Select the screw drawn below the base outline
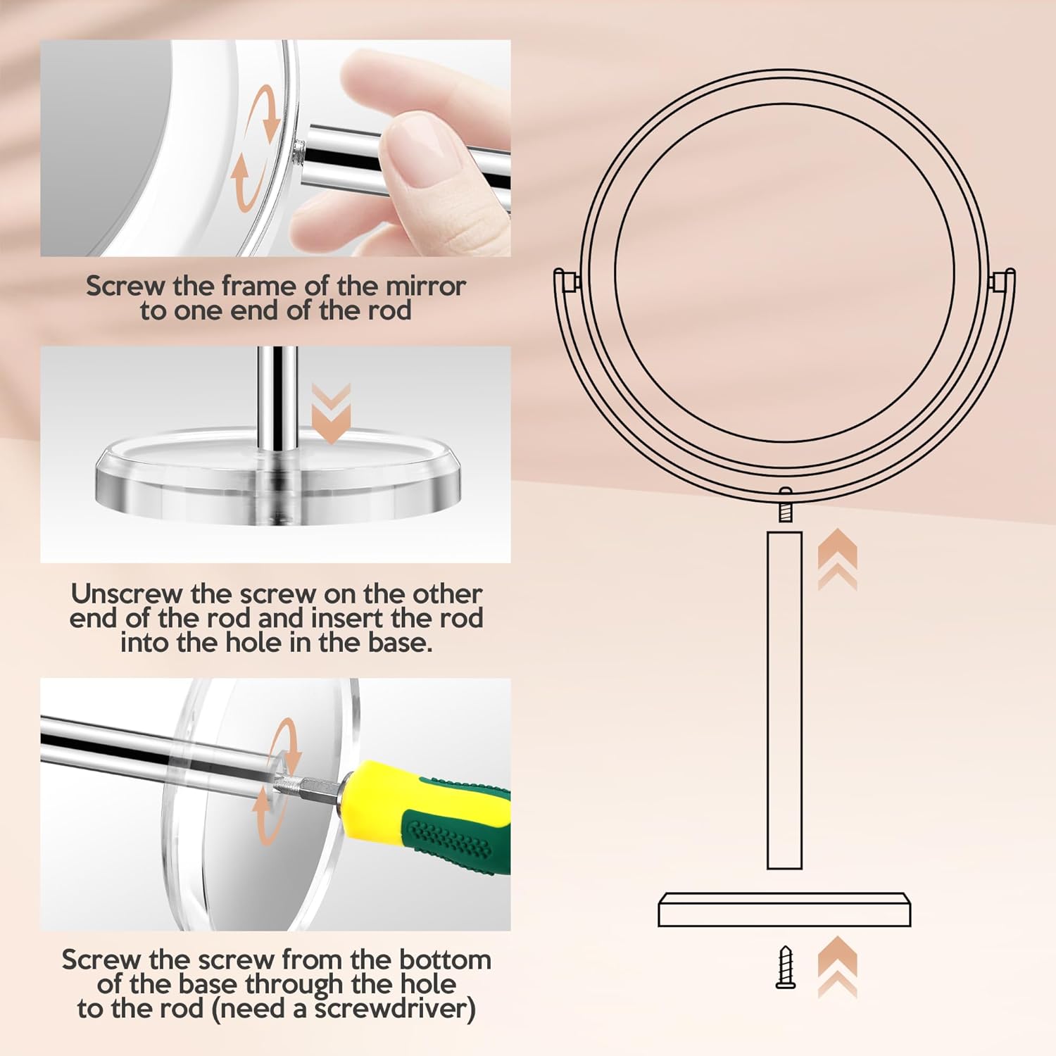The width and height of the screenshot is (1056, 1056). tap(786, 968)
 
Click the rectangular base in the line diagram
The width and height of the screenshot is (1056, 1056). tap(784, 910)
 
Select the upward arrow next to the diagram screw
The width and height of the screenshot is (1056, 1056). tap(837, 966)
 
